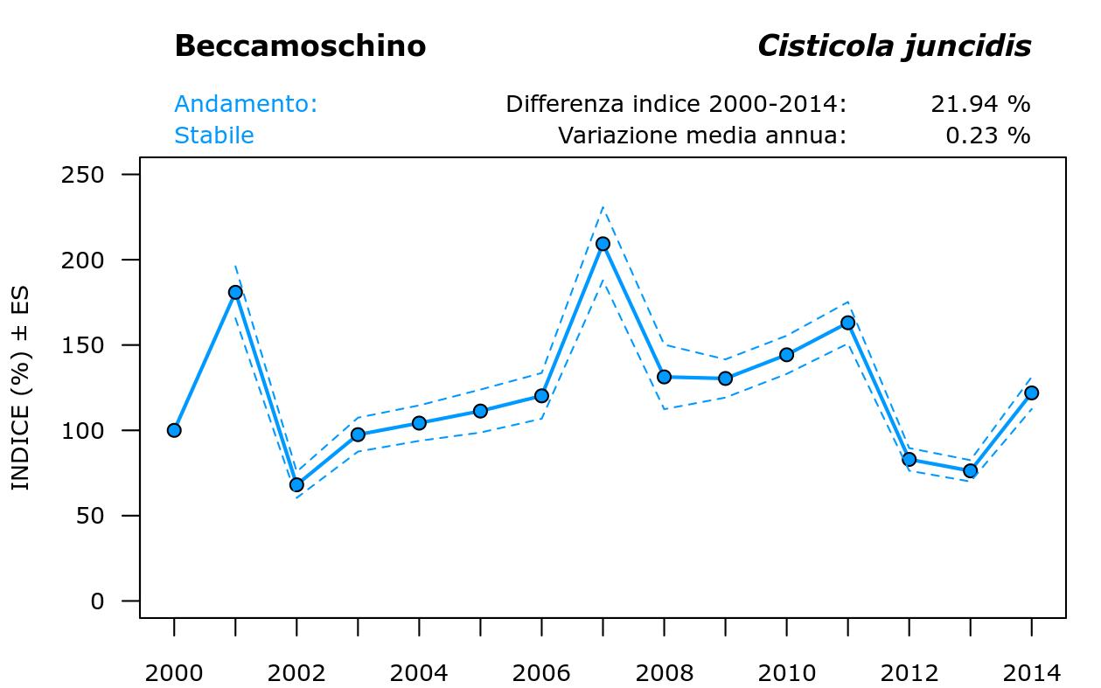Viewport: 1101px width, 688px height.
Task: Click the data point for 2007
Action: click(603, 244)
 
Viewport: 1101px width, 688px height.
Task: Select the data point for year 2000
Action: click(174, 430)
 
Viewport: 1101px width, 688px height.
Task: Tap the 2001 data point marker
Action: click(235, 292)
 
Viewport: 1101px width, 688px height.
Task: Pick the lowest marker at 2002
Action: click(296, 484)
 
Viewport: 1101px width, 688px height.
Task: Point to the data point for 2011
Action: click(847, 323)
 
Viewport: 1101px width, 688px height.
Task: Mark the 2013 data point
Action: click(970, 470)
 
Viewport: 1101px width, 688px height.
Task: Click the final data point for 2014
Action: click(1031, 393)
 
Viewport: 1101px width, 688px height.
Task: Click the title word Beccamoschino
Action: click(300, 46)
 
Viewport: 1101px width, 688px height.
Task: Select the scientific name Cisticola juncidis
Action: click(894, 46)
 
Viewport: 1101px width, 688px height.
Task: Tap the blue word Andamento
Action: click(246, 104)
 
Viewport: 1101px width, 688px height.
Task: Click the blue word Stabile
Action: click(214, 136)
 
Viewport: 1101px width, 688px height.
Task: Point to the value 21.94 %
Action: click(980, 104)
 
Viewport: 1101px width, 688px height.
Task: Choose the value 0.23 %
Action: click(987, 136)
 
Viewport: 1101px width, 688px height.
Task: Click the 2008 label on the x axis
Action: click(664, 673)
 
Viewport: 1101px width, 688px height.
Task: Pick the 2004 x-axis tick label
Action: click(419, 673)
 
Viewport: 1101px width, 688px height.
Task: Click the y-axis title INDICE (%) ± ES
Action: click(20, 387)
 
